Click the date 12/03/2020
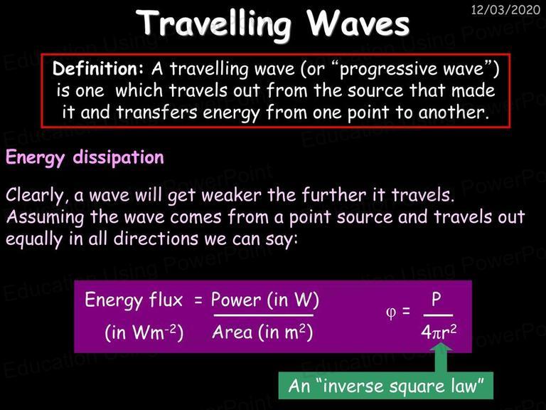point(505,9)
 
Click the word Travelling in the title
point(214,23)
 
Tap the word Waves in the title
point(358,23)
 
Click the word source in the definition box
point(375,91)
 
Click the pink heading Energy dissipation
point(85,157)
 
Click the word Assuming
point(45,218)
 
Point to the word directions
point(156,239)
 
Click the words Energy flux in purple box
point(134,300)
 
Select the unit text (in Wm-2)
point(144,332)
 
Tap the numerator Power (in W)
point(265,300)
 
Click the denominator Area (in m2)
point(262,332)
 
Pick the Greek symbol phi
point(391,312)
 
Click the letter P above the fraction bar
point(437,299)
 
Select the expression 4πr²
point(439,332)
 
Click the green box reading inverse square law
point(386,386)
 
